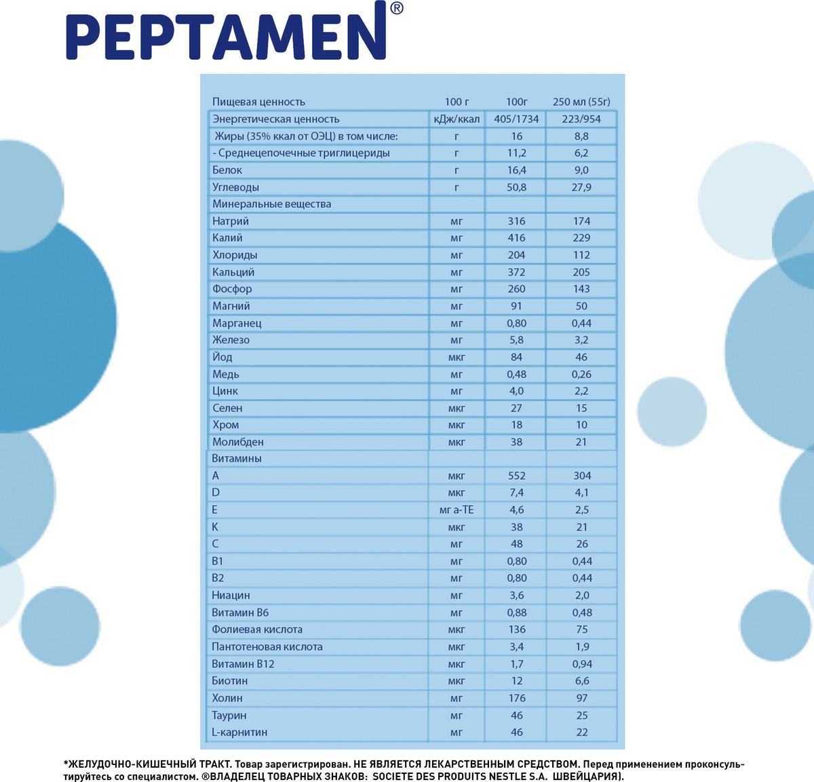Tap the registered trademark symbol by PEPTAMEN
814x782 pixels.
click(397, 9)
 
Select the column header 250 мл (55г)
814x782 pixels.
click(581, 102)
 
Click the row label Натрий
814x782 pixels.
click(231, 221)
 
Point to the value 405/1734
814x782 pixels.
click(516, 119)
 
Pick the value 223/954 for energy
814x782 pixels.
click(581, 119)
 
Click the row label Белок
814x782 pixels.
click(227, 170)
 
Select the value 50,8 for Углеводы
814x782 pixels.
click(516, 187)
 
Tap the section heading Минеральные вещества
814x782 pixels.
click(271, 204)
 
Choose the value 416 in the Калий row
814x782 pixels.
click(516, 238)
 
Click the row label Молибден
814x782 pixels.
click(238, 442)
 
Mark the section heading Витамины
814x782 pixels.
click(237, 459)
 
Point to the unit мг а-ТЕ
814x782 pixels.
click(457, 510)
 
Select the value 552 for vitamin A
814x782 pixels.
click(516, 476)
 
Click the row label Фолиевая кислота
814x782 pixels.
click(257, 629)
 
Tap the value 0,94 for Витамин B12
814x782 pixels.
click(581, 664)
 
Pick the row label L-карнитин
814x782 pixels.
click(239, 732)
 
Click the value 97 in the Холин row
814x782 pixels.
click(581, 698)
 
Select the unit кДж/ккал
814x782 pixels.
click(457, 119)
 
